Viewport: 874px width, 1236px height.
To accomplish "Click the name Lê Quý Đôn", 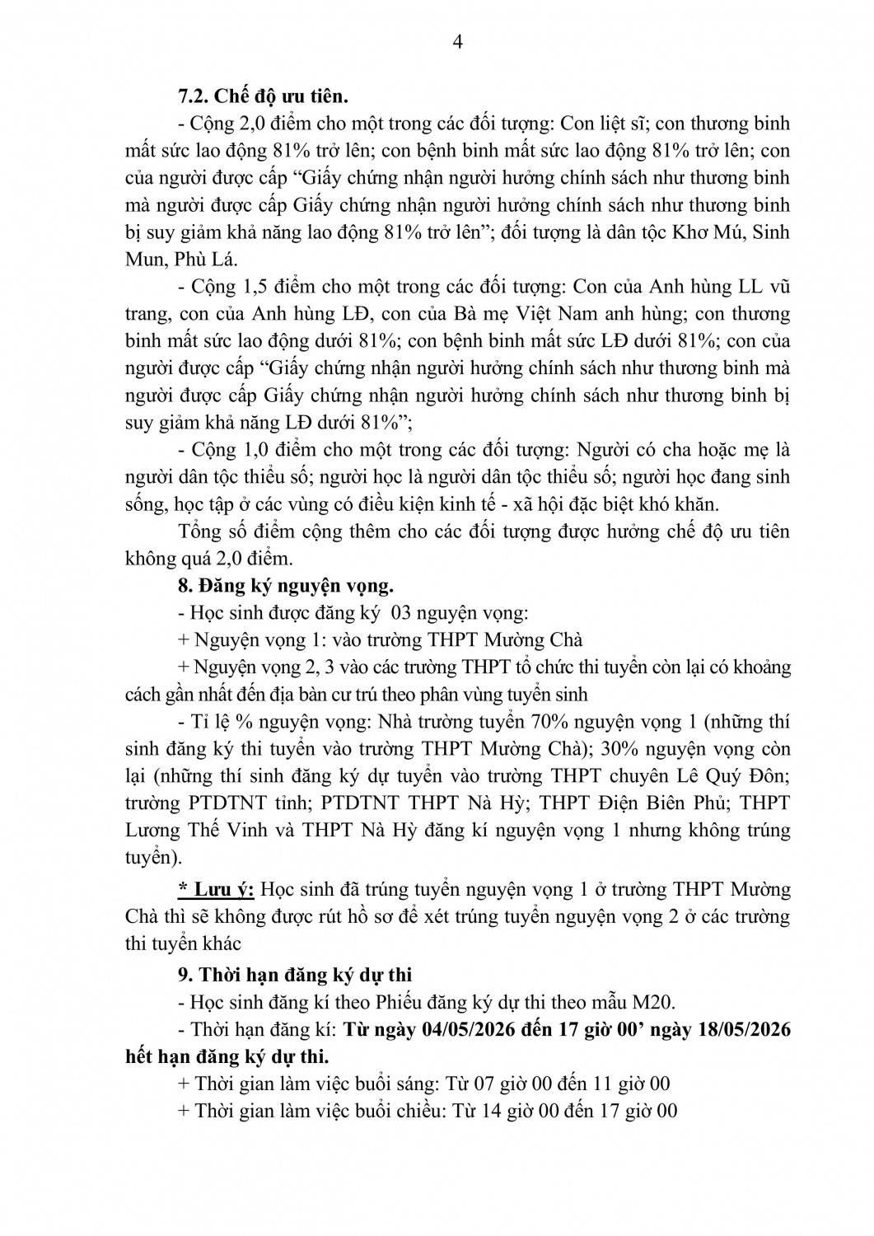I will (x=740, y=776).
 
